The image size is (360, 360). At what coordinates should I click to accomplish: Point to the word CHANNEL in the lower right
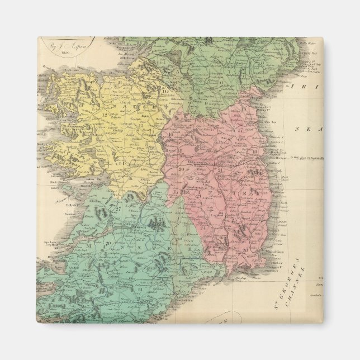pyautogui.click(x=303, y=286)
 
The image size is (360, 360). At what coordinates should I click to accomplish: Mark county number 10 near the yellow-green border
pyautogui.click(x=165, y=91)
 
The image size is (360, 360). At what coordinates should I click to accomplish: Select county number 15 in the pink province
pyautogui.click(x=170, y=135)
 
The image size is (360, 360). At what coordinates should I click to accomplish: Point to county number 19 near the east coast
pyautogui.click(x=254, y=152)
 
